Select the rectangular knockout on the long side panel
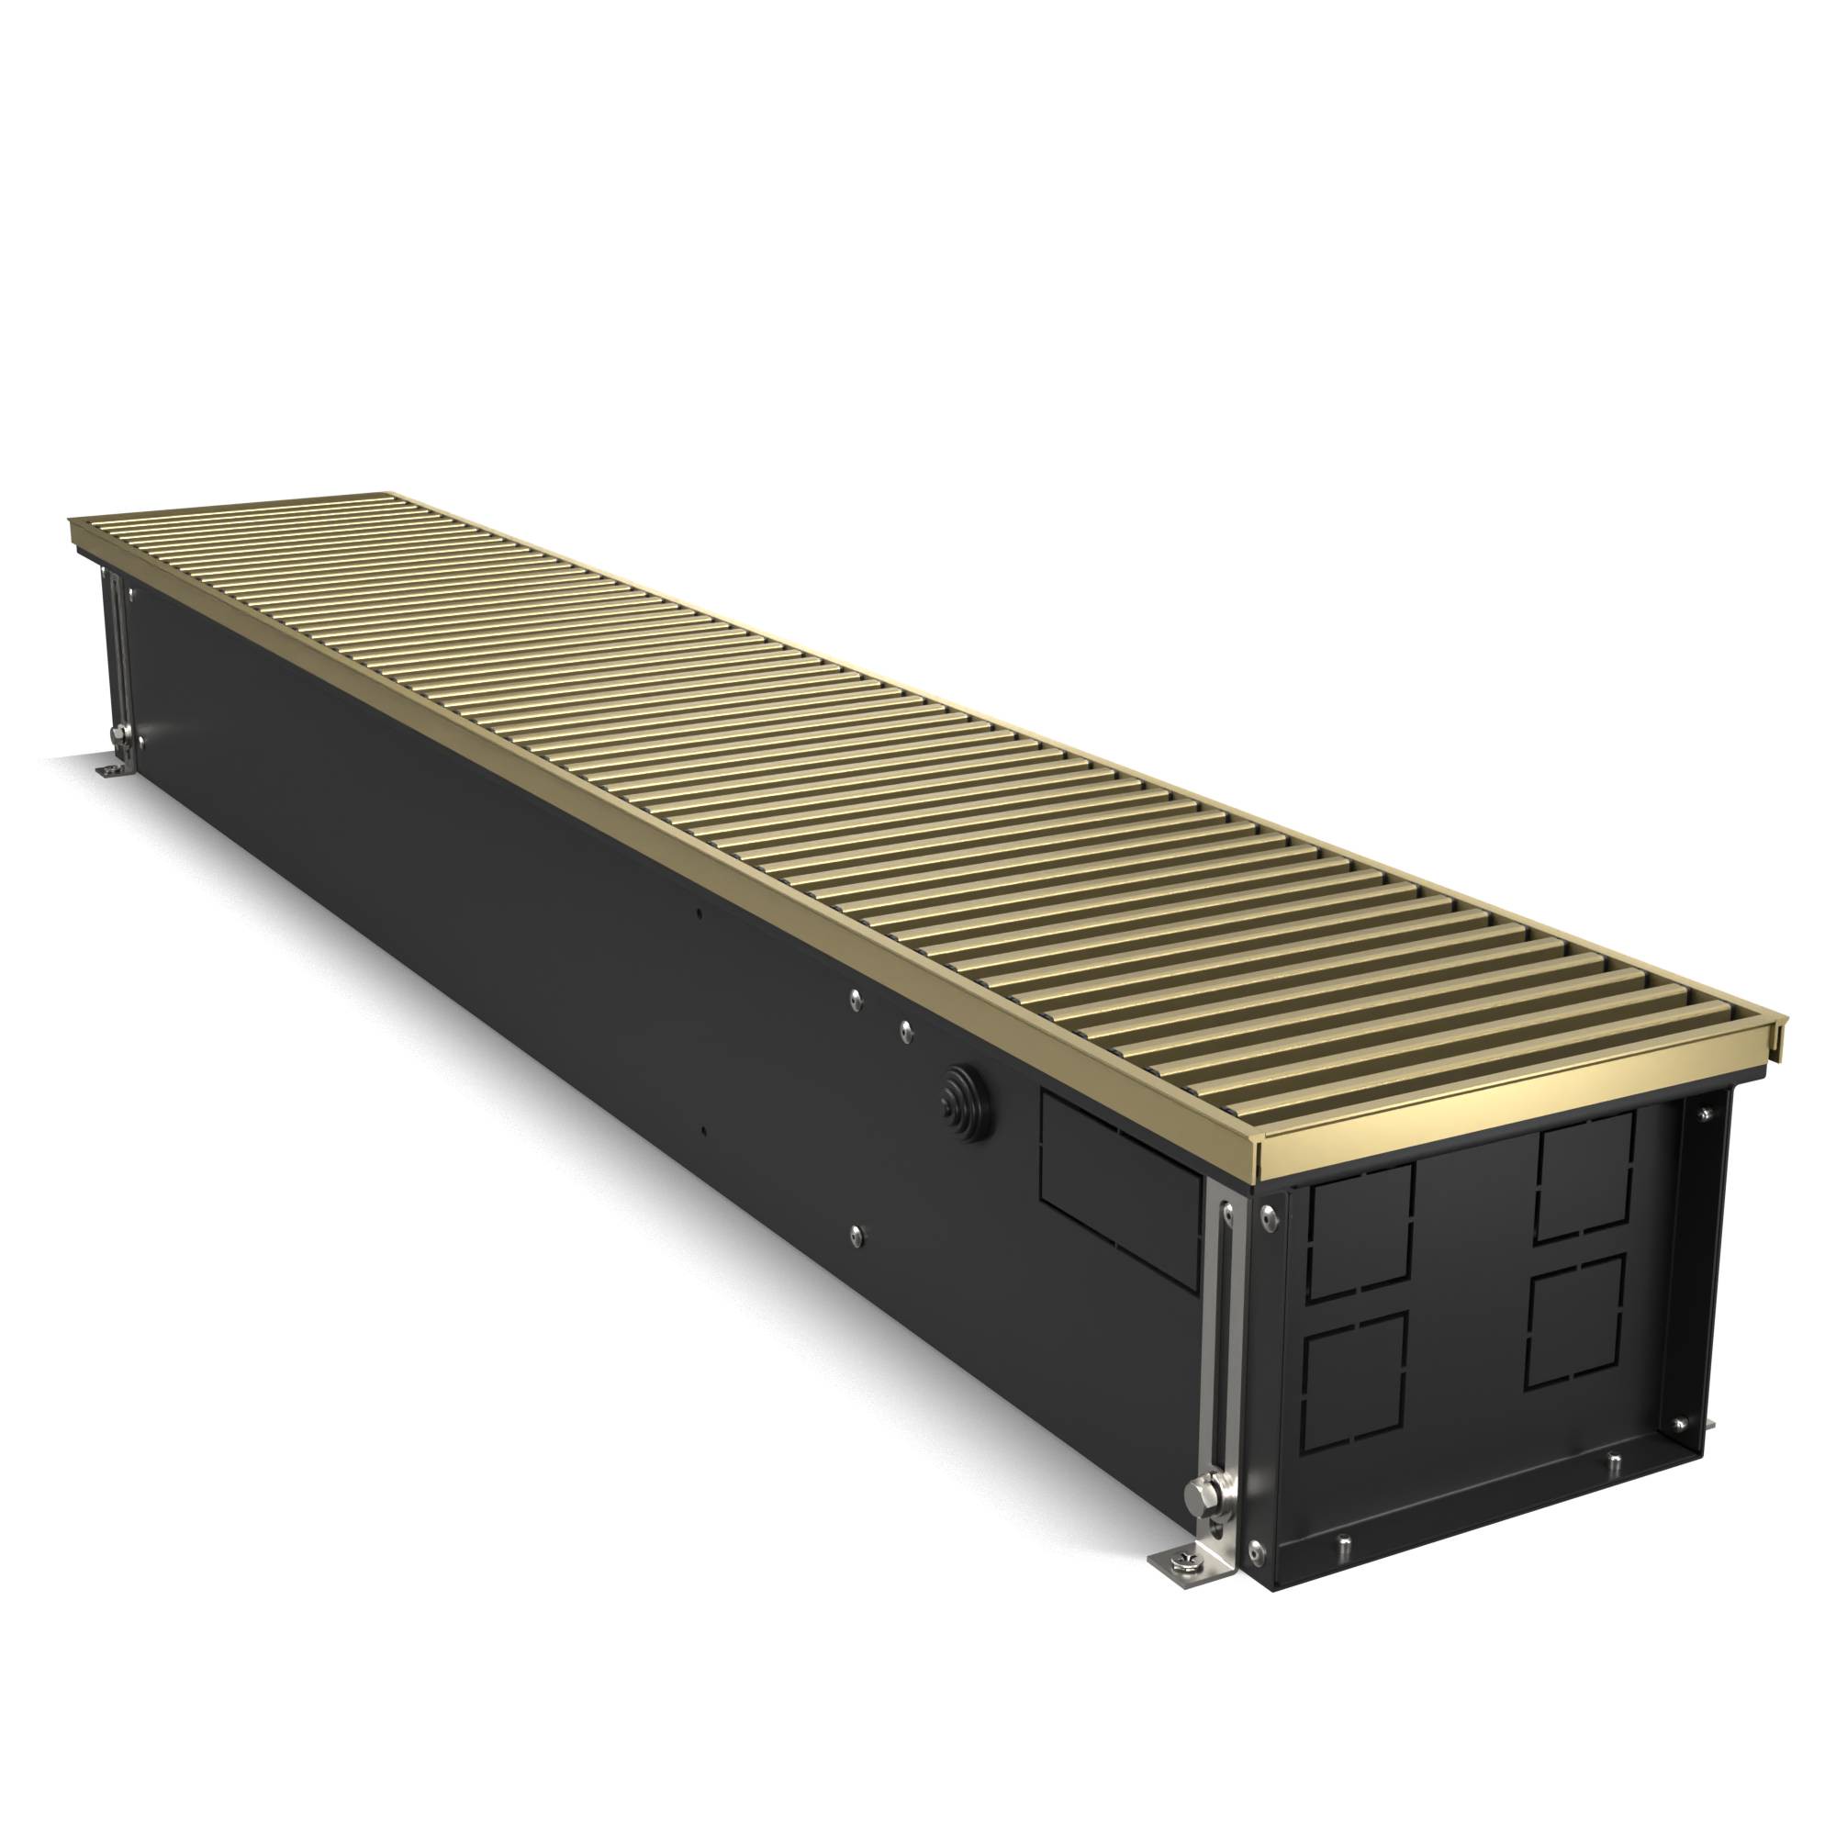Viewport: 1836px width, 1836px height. point(1123,1188)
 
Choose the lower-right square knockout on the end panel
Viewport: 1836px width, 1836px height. point(1575,1322)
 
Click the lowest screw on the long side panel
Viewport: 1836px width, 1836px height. point(856,1233)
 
